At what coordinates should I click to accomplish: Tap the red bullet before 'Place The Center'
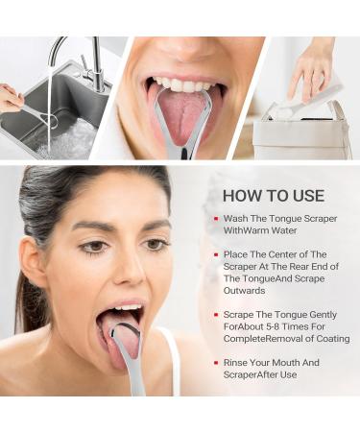tap(215, 254)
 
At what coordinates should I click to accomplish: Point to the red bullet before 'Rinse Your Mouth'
tap(215, 362)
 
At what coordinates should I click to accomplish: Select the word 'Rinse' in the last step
tap(235, 362)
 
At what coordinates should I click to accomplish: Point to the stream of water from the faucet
tap(48, 106)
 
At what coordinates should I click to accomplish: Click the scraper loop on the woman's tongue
tap(124, 336)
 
